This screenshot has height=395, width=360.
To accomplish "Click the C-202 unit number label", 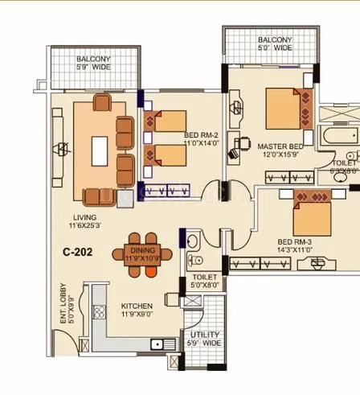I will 78,252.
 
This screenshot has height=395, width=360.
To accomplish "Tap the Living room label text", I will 83,217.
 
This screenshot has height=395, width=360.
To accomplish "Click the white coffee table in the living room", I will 99,150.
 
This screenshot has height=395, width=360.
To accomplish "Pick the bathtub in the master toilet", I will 338,137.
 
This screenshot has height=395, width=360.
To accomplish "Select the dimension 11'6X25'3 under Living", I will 83,227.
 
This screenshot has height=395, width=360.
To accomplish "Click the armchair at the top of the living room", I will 102,102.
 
